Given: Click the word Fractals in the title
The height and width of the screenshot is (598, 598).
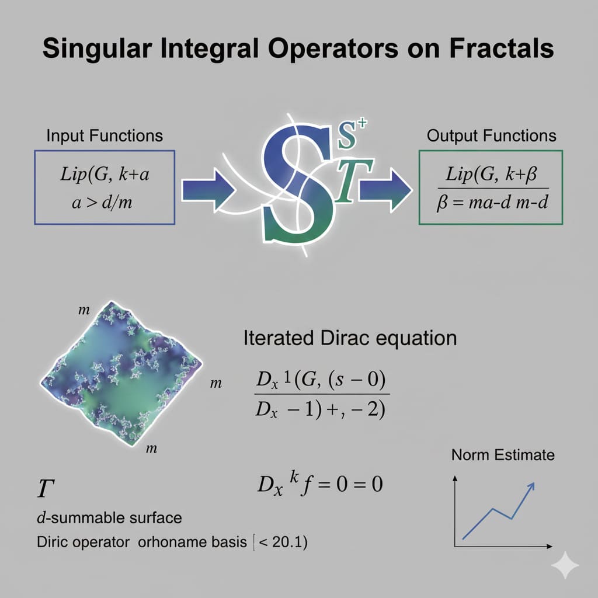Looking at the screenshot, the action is [501, 48].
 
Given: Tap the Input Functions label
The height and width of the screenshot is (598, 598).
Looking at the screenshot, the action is [105, 135].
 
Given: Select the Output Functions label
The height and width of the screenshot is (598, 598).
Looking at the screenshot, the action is [491, 135].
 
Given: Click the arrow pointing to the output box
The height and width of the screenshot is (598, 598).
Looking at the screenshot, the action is [385, 190].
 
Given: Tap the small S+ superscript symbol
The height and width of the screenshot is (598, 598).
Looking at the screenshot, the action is [352, 134].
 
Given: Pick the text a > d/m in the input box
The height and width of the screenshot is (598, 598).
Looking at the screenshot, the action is [102, 202].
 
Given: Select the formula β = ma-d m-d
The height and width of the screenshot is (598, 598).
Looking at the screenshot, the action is [492, 202].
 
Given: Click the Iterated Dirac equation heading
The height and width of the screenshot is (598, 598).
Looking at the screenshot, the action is [350, 338].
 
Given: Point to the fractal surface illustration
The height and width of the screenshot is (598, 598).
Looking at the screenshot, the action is [121, 373].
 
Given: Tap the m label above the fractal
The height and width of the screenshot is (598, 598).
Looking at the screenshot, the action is [84, 310].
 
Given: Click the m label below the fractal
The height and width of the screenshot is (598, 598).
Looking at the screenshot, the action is [151, 448].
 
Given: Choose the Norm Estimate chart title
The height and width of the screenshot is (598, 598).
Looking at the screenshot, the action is [503, 455].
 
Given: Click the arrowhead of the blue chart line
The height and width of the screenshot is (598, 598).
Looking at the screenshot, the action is [531, 486].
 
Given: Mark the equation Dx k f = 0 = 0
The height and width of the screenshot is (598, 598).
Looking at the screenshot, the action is [319, 484].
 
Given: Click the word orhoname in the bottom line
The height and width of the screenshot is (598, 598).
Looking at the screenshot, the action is [192, 542].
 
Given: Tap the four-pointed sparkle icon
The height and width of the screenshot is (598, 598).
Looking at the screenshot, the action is [565, 565].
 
